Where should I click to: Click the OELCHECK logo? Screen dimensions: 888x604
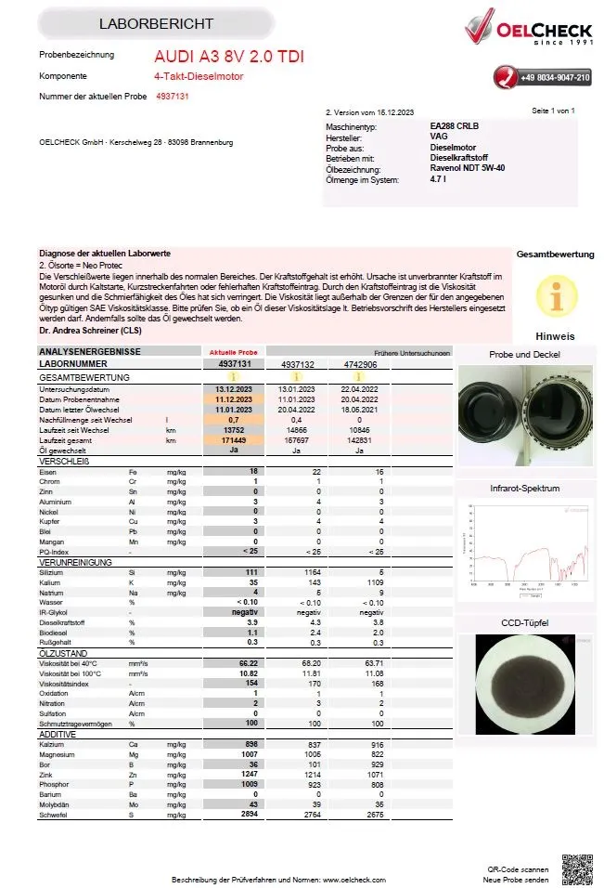point(528,28)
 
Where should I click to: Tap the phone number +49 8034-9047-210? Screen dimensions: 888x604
point(554,78)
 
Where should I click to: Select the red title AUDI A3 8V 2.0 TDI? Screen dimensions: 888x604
point(228,58)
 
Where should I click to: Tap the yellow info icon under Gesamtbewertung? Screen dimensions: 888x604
point(556,295)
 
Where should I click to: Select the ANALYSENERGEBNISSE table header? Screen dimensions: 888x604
point(89,352)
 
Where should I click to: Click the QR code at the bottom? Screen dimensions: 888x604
point(576,868)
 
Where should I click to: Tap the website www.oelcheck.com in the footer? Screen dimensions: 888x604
point(355,878)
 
